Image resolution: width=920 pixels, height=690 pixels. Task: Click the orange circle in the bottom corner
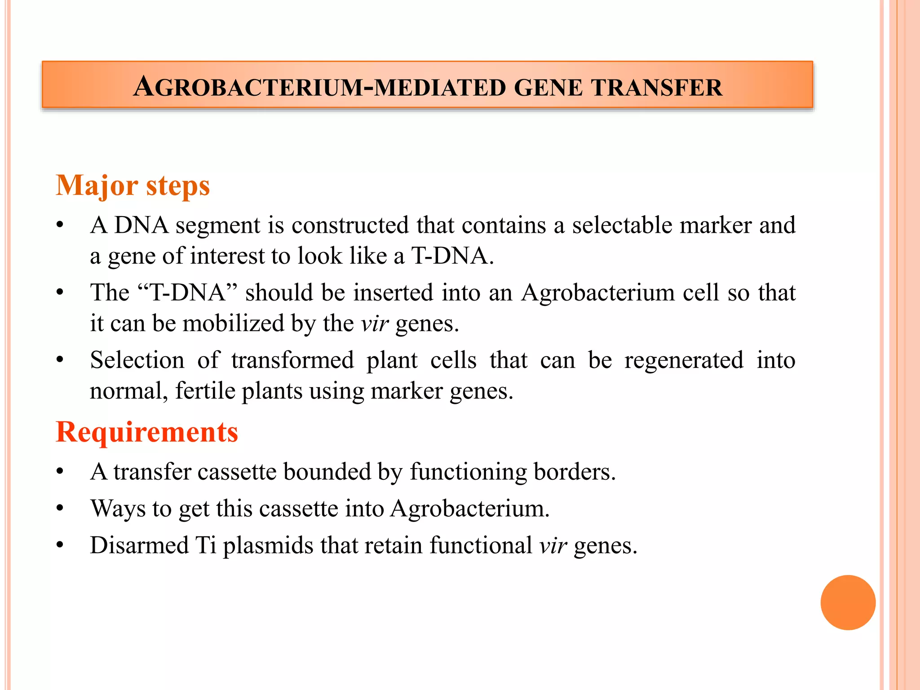tap(848, 602)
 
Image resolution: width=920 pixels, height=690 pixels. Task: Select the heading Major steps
tap(133, 186)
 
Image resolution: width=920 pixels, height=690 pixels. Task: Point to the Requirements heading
tap(147, 432)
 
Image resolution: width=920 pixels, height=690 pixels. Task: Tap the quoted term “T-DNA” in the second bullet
tap(187, 293)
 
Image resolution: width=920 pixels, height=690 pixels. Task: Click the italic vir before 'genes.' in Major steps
tap(374, 323)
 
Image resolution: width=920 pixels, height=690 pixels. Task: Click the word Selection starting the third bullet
tap(137, 360)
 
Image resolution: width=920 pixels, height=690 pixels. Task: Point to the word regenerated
tap(684, 360)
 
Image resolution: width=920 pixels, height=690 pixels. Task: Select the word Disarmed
tap(139, 545)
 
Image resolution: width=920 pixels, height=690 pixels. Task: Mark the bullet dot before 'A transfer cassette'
tap(60, 472)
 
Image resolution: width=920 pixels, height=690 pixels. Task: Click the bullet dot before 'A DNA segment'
tap(60, 225)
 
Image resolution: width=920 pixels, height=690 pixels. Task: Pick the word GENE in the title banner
tap(548, 88)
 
